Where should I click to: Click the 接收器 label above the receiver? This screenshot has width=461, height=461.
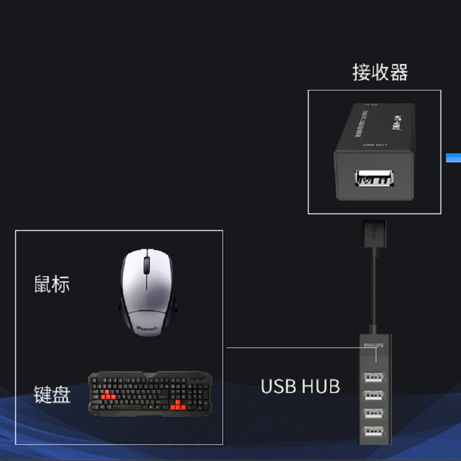tap(380, 73)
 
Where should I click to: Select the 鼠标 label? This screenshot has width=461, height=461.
tap(52, 284)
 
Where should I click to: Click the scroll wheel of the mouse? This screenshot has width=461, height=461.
tap(147, 265)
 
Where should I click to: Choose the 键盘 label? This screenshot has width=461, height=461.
tap(52, 395)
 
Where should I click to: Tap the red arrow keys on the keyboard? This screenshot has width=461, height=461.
tap(180, 405)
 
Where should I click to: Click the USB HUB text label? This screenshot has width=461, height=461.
tap(300, 386)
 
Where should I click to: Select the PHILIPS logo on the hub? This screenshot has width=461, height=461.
tap(373, 345)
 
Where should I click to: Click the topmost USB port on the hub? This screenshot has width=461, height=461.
tap(373, 379)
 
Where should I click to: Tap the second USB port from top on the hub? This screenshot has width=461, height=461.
tap(373, 396)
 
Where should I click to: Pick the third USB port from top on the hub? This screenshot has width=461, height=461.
tap(373, 414)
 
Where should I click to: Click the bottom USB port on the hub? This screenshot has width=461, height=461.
tap(373, 431)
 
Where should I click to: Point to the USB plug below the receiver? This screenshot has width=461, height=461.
tap(373, 233)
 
